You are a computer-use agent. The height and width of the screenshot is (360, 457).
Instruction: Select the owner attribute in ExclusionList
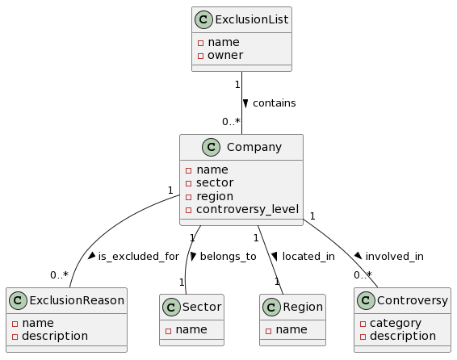point(225,56)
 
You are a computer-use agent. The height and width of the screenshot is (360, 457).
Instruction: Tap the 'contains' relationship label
point(274,103)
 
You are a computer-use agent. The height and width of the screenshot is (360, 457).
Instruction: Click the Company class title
point(254,148)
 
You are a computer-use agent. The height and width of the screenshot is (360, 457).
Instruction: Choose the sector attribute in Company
point(215,183)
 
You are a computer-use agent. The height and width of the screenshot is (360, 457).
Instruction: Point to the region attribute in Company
point(215,196)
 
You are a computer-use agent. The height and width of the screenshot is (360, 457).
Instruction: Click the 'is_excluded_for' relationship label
point(138,256)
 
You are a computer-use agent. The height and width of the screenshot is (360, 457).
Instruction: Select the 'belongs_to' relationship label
point(228,256)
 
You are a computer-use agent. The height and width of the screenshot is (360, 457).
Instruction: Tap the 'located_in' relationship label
point(308,256)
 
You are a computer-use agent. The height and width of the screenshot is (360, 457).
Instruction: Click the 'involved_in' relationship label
point(394,256)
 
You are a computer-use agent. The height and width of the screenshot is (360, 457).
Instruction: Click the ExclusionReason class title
point(77,301)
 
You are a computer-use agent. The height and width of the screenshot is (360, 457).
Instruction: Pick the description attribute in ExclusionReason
point(56,335)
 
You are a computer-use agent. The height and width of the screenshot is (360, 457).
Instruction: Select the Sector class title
point(203,308)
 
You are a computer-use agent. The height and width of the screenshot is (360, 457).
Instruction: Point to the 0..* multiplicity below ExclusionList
point(231,122)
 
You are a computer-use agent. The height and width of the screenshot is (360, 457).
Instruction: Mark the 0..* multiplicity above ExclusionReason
point(59,275)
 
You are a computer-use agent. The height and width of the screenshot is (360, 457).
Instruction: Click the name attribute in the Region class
point(291,329)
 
